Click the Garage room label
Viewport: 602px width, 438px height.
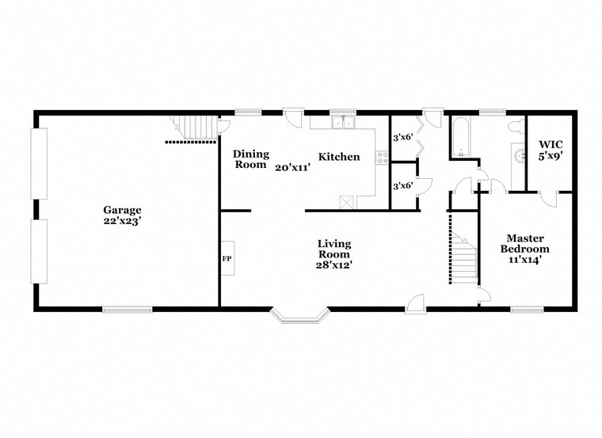coord(122,210)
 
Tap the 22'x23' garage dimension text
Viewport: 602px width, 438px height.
coord(122,221)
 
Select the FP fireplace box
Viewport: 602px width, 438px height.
coord(227,258)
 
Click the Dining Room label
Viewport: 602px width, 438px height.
coord(250,159)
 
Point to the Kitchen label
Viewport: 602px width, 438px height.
coord(339,157)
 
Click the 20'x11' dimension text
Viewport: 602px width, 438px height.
coord(293,167)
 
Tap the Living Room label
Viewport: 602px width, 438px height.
coord(334,249)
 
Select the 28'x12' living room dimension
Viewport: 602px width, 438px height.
coord(334,265)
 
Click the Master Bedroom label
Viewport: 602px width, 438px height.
coord(524,243)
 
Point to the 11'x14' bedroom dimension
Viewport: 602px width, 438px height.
coord(524,259)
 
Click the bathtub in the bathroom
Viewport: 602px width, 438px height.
coord(461,138)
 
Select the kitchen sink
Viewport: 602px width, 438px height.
coord(343,122)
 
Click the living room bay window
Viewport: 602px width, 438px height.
coord(299,316)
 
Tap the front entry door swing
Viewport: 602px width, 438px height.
coord(415,302)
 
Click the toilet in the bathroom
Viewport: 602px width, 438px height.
coord(516,124)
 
